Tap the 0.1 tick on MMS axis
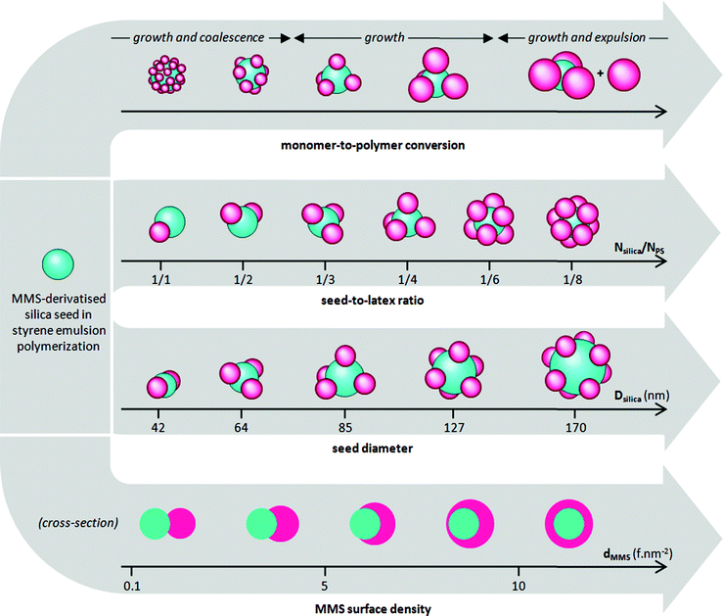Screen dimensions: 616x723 click(134, 586)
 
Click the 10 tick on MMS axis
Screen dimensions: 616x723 click(519, 586)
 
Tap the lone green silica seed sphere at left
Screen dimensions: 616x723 click(57, 262)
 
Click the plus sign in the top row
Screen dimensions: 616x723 click(600, 86)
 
